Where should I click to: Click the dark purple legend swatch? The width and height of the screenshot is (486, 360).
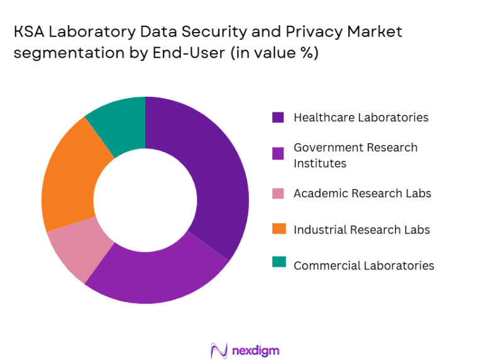pos(278,117)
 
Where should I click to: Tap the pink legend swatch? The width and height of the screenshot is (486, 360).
pos(278,193)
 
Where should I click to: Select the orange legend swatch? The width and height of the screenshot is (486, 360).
pos(278,229)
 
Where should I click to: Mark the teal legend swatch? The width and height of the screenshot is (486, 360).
pos(278,265)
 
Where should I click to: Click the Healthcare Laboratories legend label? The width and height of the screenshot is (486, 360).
pos(361,117)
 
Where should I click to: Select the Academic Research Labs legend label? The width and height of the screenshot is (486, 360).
pos(362,193)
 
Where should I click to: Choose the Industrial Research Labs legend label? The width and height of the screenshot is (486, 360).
pos(362,229)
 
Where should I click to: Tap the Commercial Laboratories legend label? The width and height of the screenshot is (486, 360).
pos(363,265)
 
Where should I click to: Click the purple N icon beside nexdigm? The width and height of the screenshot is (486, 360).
pos(218,349)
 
